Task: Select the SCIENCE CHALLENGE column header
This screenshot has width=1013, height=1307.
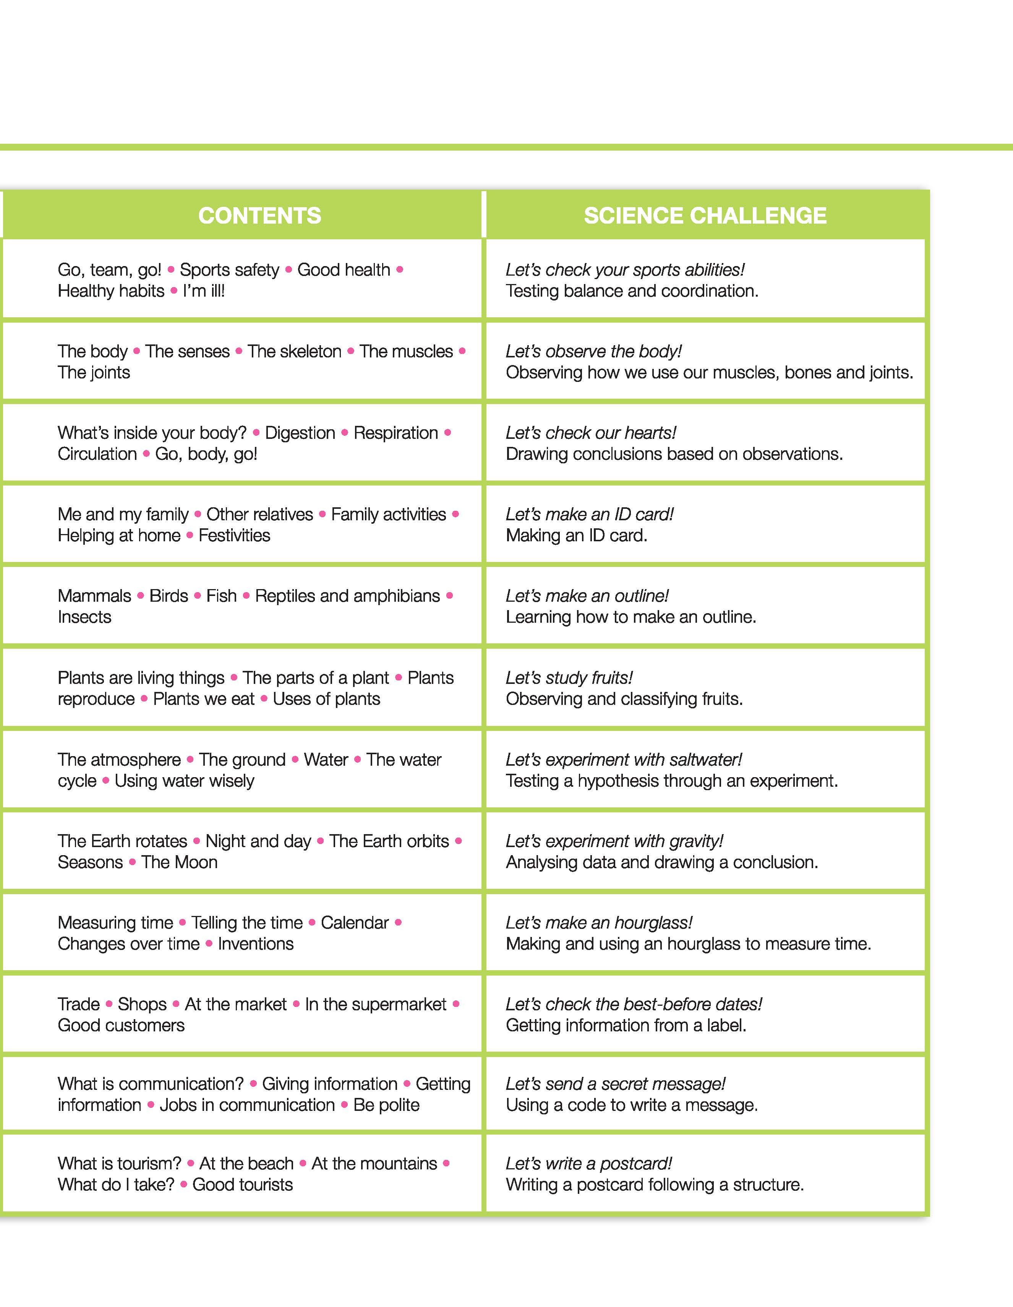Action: (x=705, y=216)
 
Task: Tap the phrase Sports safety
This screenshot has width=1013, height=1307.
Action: (x=229, y=270)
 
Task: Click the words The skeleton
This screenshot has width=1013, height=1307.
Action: (x=294, y=351)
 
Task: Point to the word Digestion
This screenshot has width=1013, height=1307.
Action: (x=300, y=433)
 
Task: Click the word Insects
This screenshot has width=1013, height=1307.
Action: (x=84, y=617)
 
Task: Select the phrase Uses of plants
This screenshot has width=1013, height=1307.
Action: (x=326, y=698)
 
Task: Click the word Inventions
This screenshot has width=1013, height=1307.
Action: (x=256, y=944)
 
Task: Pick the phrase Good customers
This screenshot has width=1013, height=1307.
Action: (x=121, y=1025)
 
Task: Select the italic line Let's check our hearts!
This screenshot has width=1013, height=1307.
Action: (x=591, y=433)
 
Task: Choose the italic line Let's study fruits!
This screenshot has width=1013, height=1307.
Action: (x=569, y=677)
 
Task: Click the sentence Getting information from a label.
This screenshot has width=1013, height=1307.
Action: (x=626, y=1025)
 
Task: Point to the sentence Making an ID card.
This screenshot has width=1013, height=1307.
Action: (x=576, y=535)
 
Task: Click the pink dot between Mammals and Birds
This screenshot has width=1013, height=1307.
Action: (x=141, y=596)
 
